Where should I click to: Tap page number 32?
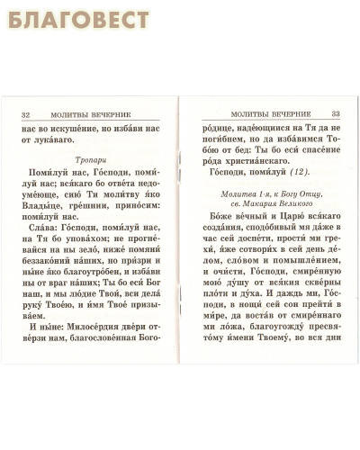[25, 114]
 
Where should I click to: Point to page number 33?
[335, 113]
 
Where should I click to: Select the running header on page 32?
[95, 114]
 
